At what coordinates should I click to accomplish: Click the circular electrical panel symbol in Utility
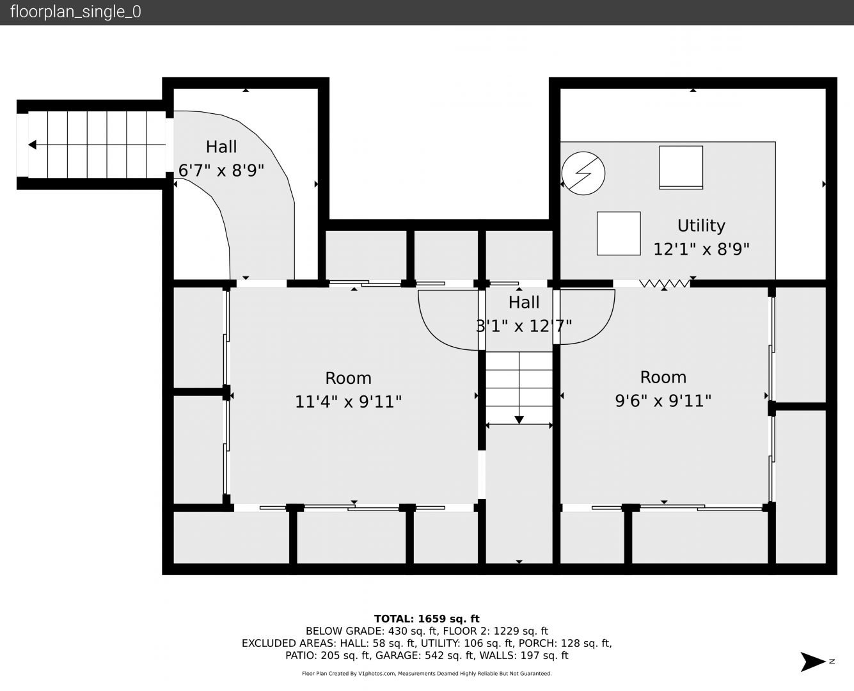click(x=583, y=173)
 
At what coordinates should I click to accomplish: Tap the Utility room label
click(x=701, y=225)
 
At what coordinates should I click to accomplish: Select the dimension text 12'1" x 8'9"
click(x=701, y=249)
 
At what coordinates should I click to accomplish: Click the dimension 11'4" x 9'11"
click(x=348, y=401)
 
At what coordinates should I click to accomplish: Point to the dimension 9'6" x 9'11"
click(x=663, y=401)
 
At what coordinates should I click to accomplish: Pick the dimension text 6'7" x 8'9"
click(x=221, y=170)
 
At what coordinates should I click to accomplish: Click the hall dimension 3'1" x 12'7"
click(x=524, y=326)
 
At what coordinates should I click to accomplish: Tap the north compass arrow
click(x=813, y=662)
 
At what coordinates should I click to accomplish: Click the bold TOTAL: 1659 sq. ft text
click(x=427, y=619)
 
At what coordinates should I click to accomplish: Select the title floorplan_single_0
click(x=75, y=12)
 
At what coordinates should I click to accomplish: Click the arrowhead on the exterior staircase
click(x=33, y=145)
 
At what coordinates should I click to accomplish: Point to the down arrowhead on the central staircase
click(x=519, y=420)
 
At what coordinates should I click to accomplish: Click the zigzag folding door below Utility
click(x=665, y=284)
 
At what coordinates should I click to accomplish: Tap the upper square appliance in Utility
click(x=681, y=168)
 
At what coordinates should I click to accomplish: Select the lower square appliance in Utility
click(x=619, y=234)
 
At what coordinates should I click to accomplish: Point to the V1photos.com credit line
click(x=427, y=674)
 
